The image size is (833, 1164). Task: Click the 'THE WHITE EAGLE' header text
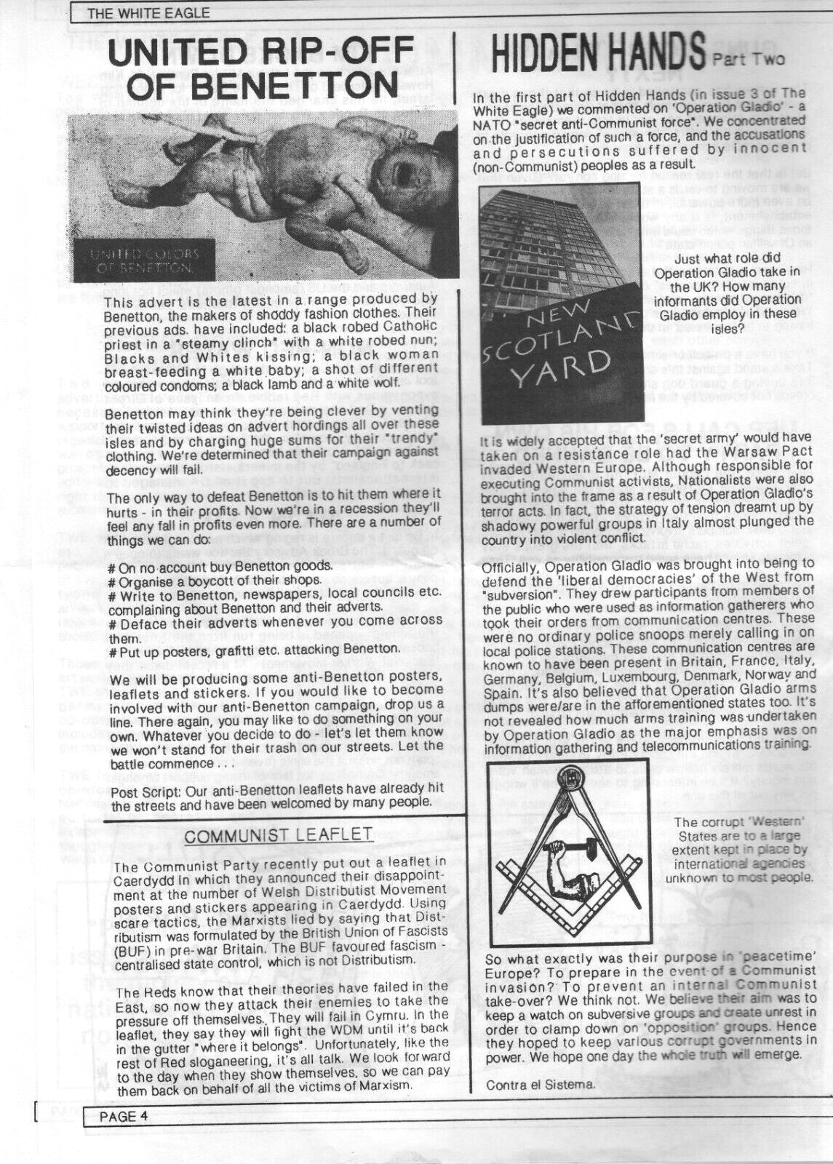(x=148, y=12)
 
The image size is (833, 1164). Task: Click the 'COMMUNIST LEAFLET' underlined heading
(x=279, y=835)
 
